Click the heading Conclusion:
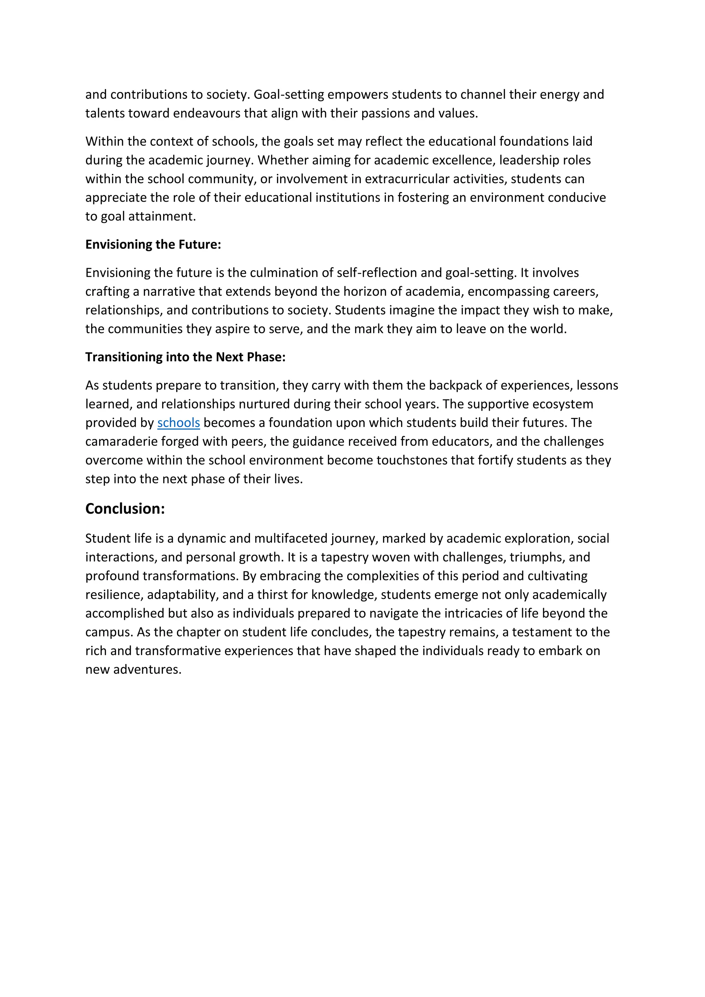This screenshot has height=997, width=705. tap(125, 508)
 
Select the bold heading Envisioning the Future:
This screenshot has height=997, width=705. tap(153, 244)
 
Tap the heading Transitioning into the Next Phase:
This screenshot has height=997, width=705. tap(185, 357)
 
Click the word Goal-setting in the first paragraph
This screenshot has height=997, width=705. tap(289, 95)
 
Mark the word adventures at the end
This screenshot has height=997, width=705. tap(147, 670)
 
